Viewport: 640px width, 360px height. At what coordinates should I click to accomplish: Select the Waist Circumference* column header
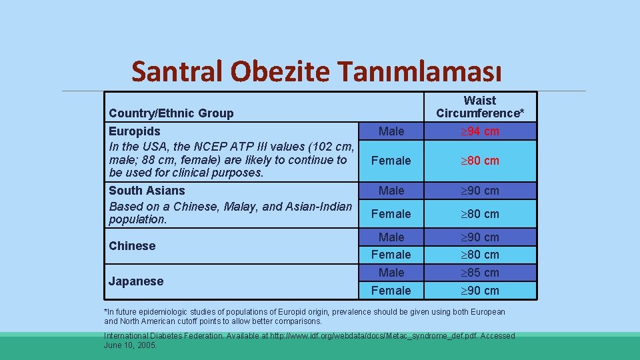(480, 107)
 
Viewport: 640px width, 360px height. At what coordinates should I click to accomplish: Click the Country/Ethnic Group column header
(171, 113)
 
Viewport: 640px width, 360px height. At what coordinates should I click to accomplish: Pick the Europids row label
(135, 131)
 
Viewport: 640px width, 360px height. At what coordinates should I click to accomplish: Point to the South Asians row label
(147, 191)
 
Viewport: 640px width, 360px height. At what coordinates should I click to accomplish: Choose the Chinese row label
(132, 246)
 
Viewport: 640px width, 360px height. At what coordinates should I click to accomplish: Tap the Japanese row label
(136, 281)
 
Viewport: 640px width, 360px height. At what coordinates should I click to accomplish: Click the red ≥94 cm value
(480, 131)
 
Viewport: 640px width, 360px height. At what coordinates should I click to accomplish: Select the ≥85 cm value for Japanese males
(480, 273)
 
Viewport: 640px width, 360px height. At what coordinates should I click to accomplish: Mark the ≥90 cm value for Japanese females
(480, 291)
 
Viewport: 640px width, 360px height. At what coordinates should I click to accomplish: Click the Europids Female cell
(391, 161)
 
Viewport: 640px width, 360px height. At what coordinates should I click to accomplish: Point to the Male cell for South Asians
(391, 191)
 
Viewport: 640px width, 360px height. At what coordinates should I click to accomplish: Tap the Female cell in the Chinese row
(391, 255)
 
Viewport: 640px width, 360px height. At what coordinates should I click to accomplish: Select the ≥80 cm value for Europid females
(480, 161)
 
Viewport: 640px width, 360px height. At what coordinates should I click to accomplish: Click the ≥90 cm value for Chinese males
(480, 237)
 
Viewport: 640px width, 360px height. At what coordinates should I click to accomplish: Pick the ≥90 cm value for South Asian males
(480, 191)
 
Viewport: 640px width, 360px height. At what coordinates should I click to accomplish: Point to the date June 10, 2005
(131, 345)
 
